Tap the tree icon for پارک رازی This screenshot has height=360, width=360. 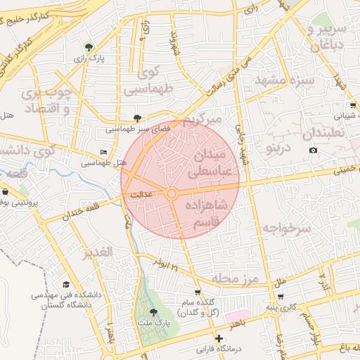click(x=88, y=47)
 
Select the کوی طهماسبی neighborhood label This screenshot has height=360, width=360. click(x=148, y=81)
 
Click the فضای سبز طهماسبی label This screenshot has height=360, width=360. click(x=136, y=129)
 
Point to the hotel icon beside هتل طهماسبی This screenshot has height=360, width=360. click(x=104, y=153)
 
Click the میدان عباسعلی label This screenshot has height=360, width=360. click(x=209, y=162)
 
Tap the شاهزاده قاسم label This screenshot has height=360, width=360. click(x=205, y=213)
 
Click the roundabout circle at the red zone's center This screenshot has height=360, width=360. click(x=172, y=193)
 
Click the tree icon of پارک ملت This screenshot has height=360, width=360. click(x=154, y=311)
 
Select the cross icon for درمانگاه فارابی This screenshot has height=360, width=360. click(x=219, y=339)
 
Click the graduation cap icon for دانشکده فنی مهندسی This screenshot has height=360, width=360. click(x=66, y=285)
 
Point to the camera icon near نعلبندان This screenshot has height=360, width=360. click(x=313, y=150)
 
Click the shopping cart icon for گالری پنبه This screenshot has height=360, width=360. click(x=281, y=297)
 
